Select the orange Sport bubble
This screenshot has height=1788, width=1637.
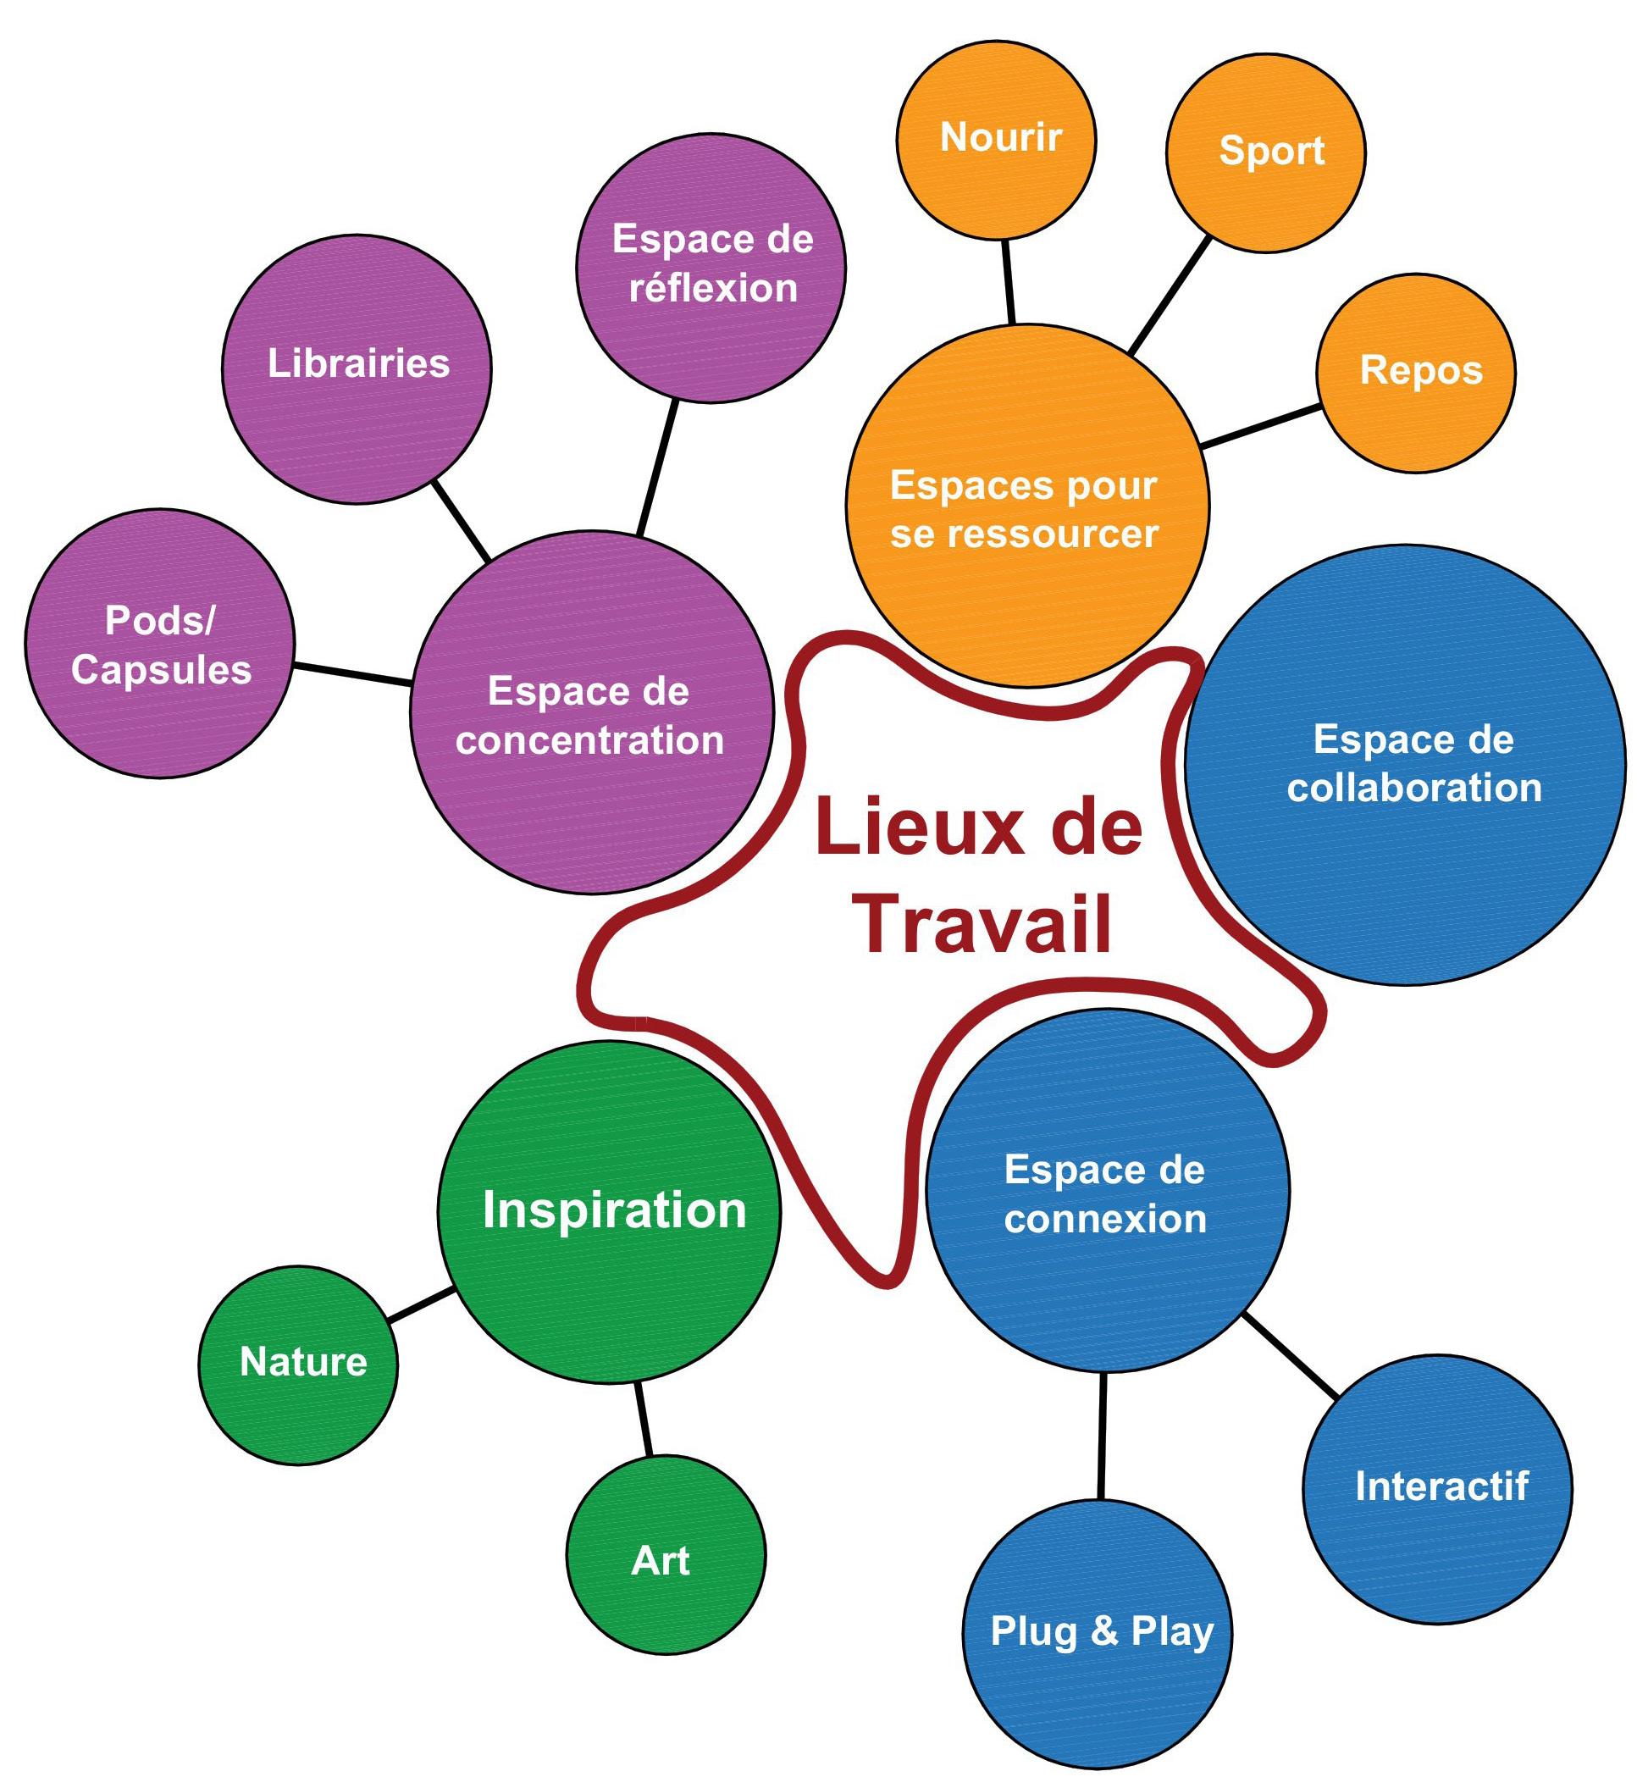pos(1265,152)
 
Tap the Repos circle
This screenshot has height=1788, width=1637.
pos(1416,373)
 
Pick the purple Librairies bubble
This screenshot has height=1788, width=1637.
pos(357,369)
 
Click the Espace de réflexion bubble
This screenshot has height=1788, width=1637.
pos(711,268)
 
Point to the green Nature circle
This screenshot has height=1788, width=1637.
pos(298,1365)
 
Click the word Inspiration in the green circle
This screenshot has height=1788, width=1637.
pos(615,1210)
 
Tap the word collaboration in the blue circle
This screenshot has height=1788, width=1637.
pos(1414,789)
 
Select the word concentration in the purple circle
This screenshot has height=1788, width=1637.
pos(589,740)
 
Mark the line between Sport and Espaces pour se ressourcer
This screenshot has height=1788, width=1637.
pos(1170,295)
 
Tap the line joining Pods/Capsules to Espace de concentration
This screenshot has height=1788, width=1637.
pos(352,674)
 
